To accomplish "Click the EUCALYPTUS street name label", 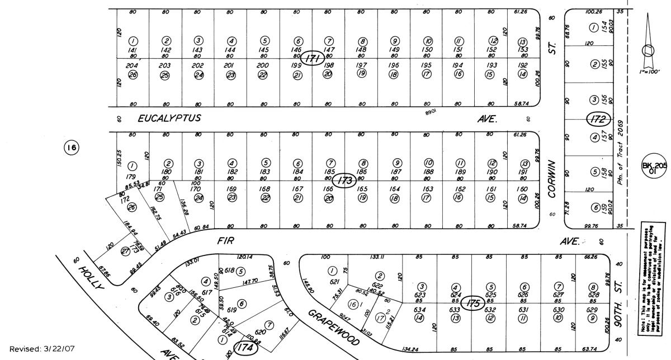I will click(x=169, y=119).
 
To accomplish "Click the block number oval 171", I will click(x=313, y=58).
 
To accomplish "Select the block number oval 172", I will click(x=597, y=119).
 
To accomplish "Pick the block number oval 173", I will click(x=345, y=181).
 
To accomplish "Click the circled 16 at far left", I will click(x=71, y=147).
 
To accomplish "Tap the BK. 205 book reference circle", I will click(x=655, y=168).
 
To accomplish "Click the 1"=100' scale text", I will click(x=649, y=72).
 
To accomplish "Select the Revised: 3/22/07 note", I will click(x=41, y=349).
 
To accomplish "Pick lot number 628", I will click(x=593, y=295).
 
